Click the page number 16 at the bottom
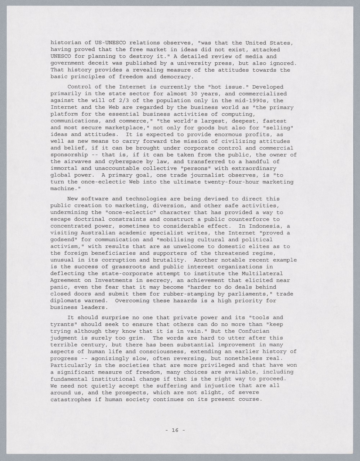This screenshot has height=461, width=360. tap(175, 430)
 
